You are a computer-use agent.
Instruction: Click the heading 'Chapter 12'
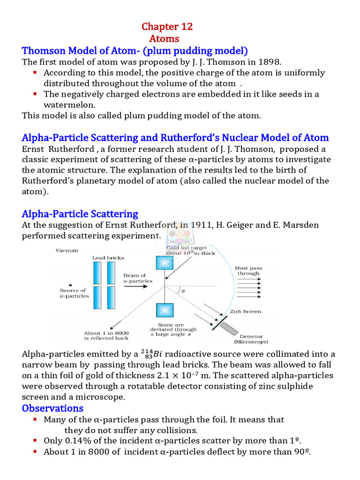tap(167, 27)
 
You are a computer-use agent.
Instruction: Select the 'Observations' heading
tap(52, 408)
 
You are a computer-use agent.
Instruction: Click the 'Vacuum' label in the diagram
tap(67, 251)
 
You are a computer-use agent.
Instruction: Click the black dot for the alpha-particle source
tap(70, 284)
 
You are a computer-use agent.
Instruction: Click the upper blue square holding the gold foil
tap(165, 263)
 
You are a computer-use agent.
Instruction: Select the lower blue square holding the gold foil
tap(165, 311)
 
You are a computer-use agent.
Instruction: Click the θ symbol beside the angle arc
tap(183, 291)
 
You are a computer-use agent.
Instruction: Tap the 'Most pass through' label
tap(248, 270)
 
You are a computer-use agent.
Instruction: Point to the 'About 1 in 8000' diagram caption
tap(106, 335)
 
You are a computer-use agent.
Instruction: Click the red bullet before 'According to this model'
tap(35, 73)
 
